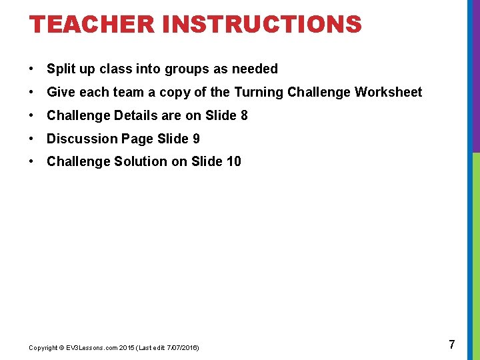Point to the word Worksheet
pos(388,92)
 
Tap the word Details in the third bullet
pos(137,115)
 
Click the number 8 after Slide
pos(244,115)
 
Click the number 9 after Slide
pos(196,139)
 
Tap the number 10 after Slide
pos(234,161)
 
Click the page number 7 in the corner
pos(452,345)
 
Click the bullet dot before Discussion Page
pos(32,139)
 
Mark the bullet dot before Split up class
pos(32,69)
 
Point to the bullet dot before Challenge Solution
pos(32,161)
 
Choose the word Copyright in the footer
pos(43,347)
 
